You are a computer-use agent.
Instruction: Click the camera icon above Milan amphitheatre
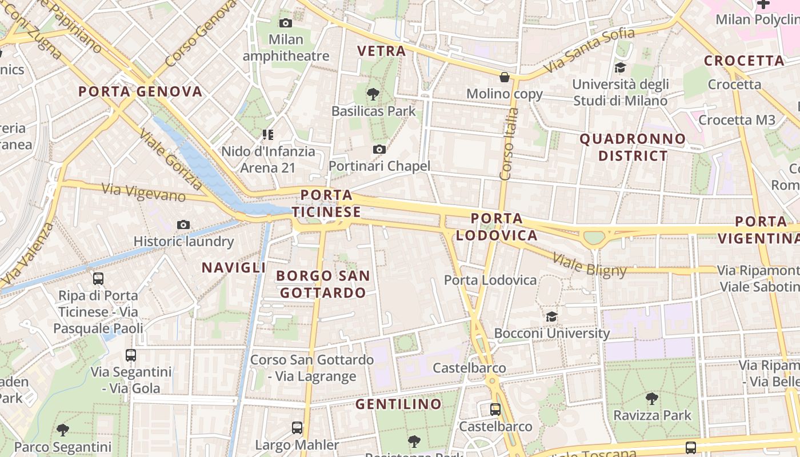(286, 23)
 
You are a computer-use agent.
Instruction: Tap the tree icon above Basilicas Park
(373, 94)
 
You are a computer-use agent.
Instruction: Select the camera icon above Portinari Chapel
(379, 150)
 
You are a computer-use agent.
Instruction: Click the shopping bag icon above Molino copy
(505, 77)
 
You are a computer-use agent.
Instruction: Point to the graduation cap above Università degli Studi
(620, 68)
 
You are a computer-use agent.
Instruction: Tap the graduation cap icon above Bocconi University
(551, 316)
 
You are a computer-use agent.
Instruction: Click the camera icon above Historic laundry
(183, 225)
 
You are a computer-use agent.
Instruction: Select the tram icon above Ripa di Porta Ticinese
(98, 279)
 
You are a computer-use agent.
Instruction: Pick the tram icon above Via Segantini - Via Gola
(131, 355)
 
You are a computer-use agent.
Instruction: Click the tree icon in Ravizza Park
(652, 398)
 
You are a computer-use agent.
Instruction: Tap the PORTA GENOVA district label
(141, 91)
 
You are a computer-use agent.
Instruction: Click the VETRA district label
(382, 51)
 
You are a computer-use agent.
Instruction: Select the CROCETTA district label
(744, 61)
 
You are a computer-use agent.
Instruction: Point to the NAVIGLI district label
(234, 267)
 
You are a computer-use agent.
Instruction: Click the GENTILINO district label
(398, 404)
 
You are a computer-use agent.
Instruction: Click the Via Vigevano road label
(143, 192)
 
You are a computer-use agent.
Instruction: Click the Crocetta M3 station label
(737, 120)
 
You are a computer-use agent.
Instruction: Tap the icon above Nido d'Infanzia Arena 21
(268, 135)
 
